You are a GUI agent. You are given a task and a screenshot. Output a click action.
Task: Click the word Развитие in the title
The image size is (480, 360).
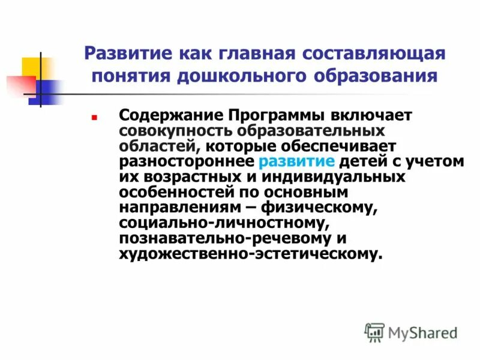[125, 53]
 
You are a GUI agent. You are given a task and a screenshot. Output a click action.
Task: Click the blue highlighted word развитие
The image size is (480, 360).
[297, 161]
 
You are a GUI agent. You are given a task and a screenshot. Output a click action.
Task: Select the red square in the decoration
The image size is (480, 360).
[16, 83]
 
